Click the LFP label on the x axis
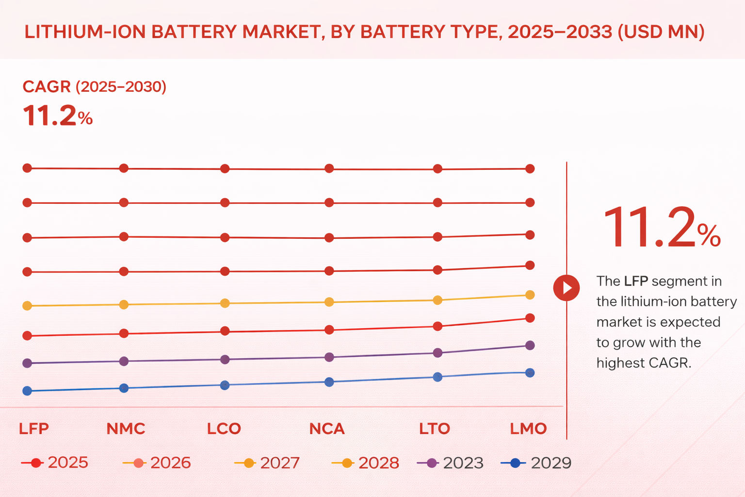pyautogui.click(x=33, y=429)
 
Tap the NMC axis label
pyautogui.click(x=126, y=429)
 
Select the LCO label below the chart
pyautogui.click(x=224, y=429)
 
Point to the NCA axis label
pyautogui.click(x=327, y=429)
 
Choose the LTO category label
pyautogui.click(x=435, y=429)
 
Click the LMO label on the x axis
pyautogui.click(x=528, y=429)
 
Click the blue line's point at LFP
pyautogui.click(x=27, y=391)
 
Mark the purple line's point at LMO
pyautogui.click(x=530, y=345)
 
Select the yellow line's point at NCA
pyautogui.click(x=329, y=302)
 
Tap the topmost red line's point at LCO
pyautogui.click(x=225, y=168)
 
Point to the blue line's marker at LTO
pyautogui.click(x=437, y=377)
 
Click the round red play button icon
pyautogui.click(x=566, y=288)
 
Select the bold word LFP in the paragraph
pyautogui.click(x=635, y=281)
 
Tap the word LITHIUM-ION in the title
pyautogui.click(x=85, y=32)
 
